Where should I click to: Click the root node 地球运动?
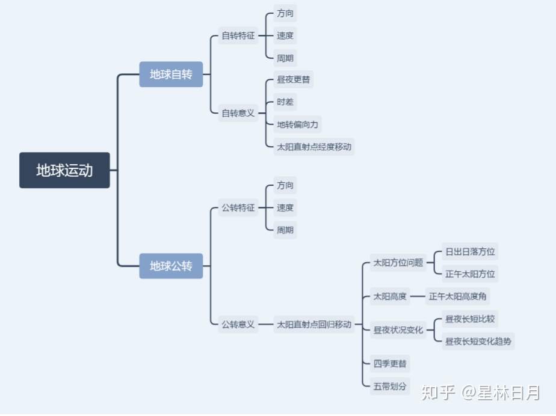click(x=64, y=170)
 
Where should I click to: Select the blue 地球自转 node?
click(x=171, y=75)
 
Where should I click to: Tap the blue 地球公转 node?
click(x=171, y=266)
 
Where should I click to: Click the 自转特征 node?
click(x=238, y=35)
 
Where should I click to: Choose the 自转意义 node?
click(x=238, y=112)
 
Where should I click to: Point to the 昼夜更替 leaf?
click(x=294, y=79)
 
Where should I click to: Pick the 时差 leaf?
click(x=285, y=102)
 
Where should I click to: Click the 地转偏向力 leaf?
click(x=297, y=124)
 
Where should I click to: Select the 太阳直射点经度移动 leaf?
click(x=314, y=146)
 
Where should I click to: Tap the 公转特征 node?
click(x=238, y=208)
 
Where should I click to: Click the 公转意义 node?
click(x=238, y=324)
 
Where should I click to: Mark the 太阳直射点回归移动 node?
click(x=314, y=324)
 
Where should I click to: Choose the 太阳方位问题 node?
click(x=398, y=262)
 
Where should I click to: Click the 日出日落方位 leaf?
click(x=470, y=251)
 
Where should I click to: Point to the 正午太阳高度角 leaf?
click(x=459, y=296)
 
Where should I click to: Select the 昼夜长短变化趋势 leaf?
click(x=478, y=341)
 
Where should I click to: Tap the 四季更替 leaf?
click(x=390, y=364)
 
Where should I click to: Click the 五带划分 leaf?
click(x=390, y=386)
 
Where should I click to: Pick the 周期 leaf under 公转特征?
click(x=285, y=230)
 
